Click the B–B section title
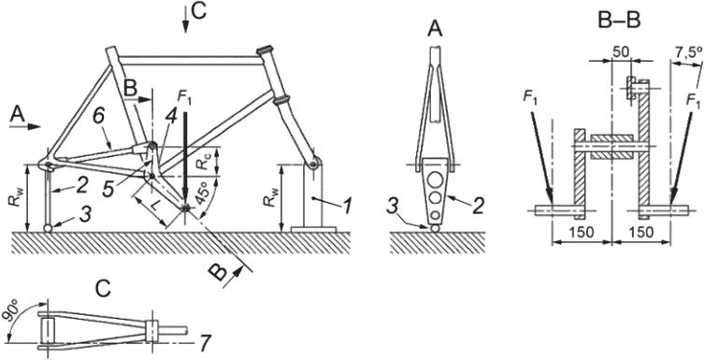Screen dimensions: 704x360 click(x=619, y=22)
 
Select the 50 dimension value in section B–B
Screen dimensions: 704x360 click(x=622, y=51)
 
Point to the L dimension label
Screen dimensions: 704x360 click(x=154, y=206)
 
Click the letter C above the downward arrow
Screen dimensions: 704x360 click(x=198, y=11)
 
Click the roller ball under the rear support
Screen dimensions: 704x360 click(x=48, y=228)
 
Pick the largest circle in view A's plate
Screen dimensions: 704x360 click(x=434, y=180)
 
